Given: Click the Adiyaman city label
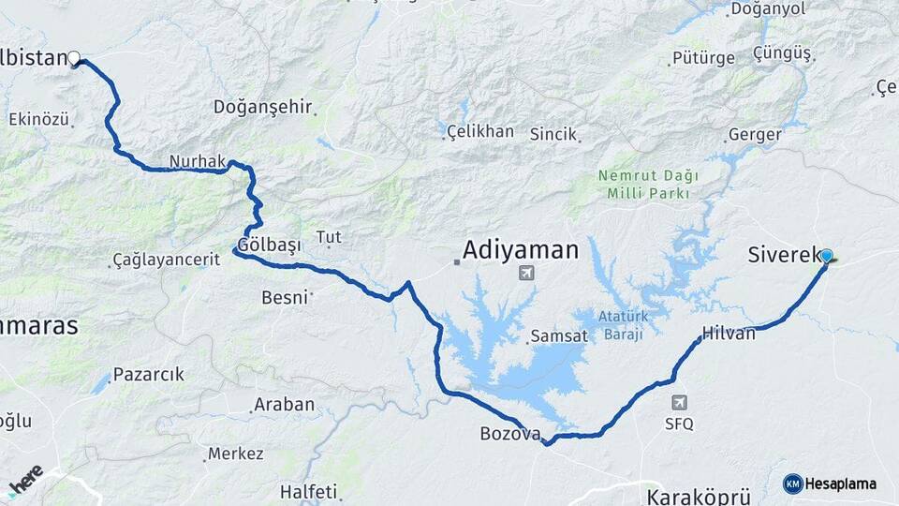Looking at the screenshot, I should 521,250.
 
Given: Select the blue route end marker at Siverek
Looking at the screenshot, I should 826,255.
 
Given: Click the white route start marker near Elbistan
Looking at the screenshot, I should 73,58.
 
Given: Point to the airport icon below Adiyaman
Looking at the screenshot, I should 526,274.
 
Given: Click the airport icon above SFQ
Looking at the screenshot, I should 680,403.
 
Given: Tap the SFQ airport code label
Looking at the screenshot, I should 679,424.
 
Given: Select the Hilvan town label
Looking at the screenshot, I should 728,333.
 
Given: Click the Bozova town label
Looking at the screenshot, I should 510,434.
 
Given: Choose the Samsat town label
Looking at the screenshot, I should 558,335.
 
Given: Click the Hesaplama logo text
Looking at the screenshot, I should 841,484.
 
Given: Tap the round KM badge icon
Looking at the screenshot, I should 792,484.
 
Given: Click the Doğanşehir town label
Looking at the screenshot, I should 262,107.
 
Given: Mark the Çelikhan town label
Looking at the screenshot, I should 479,131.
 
